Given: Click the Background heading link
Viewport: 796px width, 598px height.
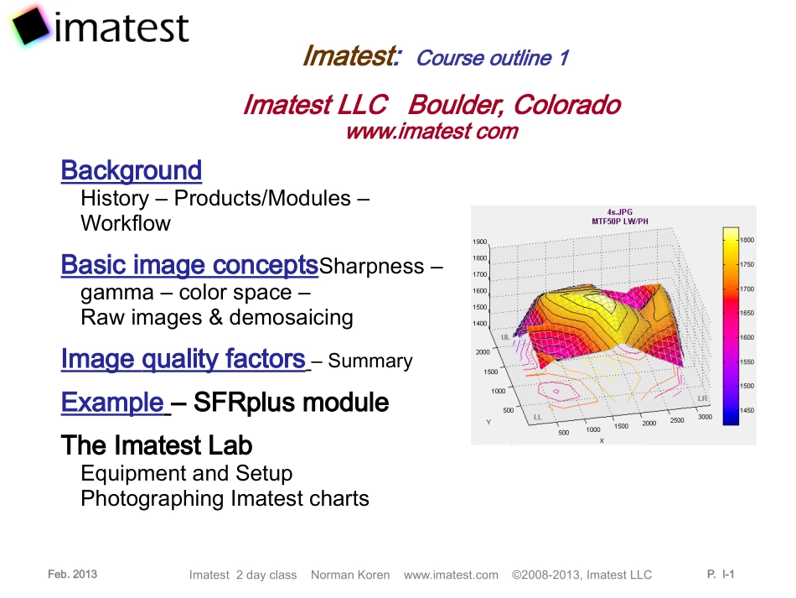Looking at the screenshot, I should pos(132,170).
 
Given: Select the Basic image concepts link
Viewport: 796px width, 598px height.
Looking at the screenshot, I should pos(189,265).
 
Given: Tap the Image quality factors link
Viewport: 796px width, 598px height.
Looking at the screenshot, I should pos(183,360).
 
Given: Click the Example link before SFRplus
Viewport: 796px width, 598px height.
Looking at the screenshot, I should pos(113,403).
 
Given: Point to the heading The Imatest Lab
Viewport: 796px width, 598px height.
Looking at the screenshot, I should pos(157,445).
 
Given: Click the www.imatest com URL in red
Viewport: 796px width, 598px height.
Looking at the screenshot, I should pos(432,132).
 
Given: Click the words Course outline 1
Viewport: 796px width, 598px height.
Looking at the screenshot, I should pos(493,58).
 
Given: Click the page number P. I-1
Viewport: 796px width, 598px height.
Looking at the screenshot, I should pos(721,575).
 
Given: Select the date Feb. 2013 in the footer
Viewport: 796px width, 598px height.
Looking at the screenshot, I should pos(73,575).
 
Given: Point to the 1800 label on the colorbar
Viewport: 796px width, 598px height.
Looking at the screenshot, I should pos(747,240).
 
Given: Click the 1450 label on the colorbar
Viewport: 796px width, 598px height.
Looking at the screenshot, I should pos(747,410).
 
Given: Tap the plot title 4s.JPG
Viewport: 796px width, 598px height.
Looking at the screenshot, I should pos(619,212).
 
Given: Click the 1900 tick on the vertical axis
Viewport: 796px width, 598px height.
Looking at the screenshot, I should pos(479,242).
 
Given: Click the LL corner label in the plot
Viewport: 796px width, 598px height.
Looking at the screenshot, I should pos(536,417).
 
